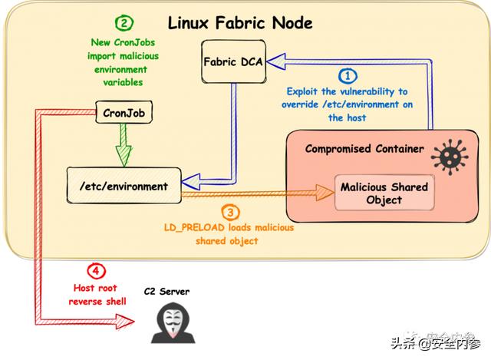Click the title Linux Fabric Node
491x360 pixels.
coord(240,22)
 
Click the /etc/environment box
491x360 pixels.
coord(124,185)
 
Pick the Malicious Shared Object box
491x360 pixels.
coord(384,193)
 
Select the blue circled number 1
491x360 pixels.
coord(348,75)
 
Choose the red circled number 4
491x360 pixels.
coord(95,271)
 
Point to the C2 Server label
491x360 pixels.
coord(166,292)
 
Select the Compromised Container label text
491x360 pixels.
coord(364,149)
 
